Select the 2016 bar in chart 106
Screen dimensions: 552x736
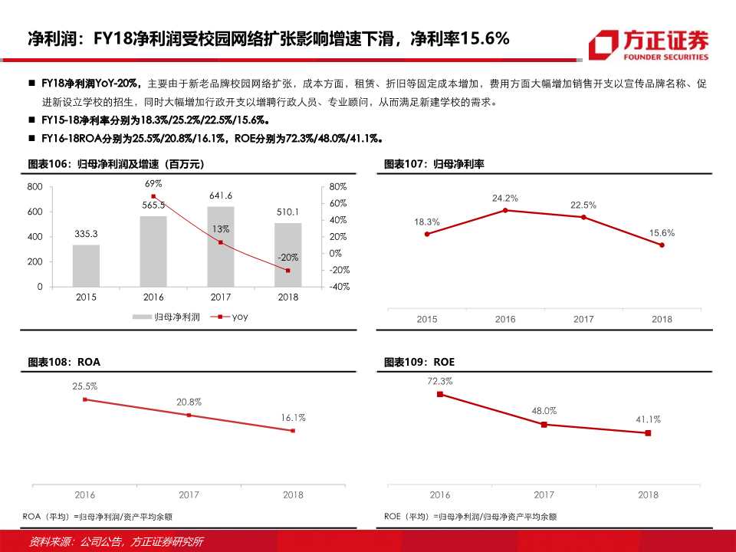coord(153,251)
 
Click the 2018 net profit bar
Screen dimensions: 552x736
coord(287,255)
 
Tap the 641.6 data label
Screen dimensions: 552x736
coord(221,195)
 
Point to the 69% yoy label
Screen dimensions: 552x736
coord(153,184)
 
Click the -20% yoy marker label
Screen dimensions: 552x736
coord(287,258)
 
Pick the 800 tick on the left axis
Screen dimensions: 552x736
coord(34,186)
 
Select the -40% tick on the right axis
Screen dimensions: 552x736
coord(339,287)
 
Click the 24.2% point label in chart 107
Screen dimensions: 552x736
coord(505,198)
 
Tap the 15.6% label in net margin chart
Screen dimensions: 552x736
coord(662,232)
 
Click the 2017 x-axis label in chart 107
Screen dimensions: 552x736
coord(583,319)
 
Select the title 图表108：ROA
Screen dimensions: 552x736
coord(64,361)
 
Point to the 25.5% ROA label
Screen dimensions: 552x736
coord(85,386)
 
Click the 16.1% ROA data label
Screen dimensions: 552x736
coord(293,418)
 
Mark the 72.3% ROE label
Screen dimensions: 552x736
coord(440,381)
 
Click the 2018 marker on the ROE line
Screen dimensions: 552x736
coord(648,433)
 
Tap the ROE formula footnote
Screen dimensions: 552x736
coord(470,517)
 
